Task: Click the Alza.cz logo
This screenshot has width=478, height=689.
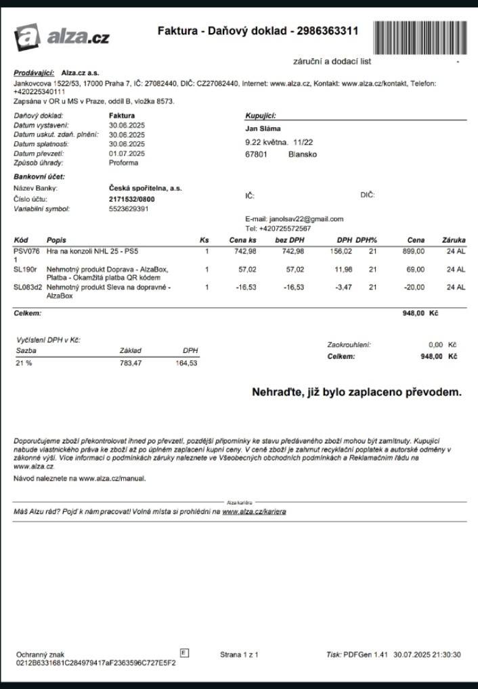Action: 62,37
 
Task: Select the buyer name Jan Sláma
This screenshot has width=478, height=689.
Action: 263,128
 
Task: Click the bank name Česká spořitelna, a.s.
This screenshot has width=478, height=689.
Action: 146,188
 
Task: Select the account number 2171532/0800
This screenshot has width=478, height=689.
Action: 132,199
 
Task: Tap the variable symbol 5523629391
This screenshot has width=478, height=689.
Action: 129,209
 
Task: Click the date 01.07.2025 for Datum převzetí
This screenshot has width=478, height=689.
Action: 127,153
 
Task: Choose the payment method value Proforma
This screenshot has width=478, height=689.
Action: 124,163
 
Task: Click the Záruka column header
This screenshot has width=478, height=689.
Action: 454,240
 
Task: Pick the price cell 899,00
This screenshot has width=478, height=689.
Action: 414,251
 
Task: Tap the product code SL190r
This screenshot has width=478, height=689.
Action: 25,269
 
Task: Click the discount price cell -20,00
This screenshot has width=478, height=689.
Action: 414,287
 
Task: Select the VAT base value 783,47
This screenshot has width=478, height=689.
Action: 129,363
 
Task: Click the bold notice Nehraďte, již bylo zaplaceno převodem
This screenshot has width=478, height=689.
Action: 356,392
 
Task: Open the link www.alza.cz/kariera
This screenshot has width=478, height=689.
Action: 254,512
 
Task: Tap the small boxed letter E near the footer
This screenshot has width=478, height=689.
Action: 185,652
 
